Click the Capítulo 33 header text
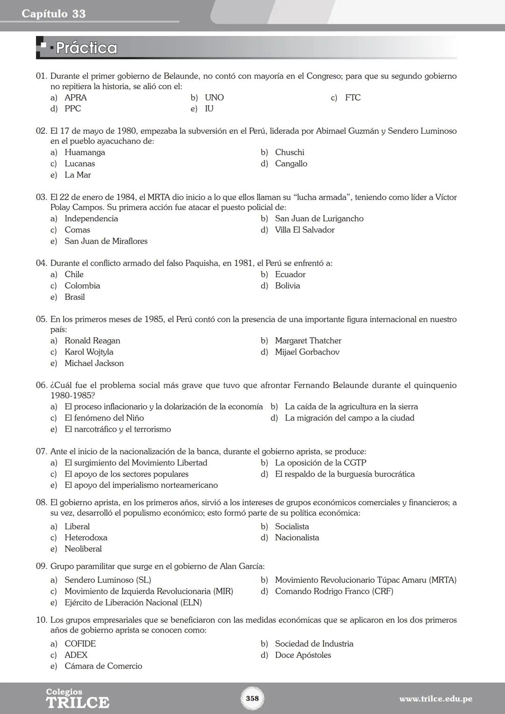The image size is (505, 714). tap(53, 14)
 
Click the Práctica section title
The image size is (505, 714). tap(86, 48)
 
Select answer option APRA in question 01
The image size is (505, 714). tap(75, 98)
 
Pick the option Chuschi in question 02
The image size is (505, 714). tap(289, 152)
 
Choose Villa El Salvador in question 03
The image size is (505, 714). tap(304, 230)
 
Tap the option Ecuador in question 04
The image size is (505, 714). tap(290, 274)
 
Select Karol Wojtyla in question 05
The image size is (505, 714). tap(89, 352)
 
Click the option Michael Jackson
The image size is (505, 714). tap(94, 363)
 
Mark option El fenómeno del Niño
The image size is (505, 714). tap(104, 418)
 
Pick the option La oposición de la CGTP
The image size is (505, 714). tap(320, 463)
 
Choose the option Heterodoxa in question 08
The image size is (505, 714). tap(86, 538)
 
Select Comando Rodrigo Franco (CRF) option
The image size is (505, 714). tap(334, 591)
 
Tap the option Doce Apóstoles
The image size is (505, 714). tap(303, 655)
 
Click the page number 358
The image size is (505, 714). tap(252, 698)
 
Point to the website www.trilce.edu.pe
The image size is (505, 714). tap(435, 699)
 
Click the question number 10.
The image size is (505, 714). tap(42, 620)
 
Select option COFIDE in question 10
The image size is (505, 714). tap(80, 644)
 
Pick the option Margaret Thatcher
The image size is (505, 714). tap(308, 341)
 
